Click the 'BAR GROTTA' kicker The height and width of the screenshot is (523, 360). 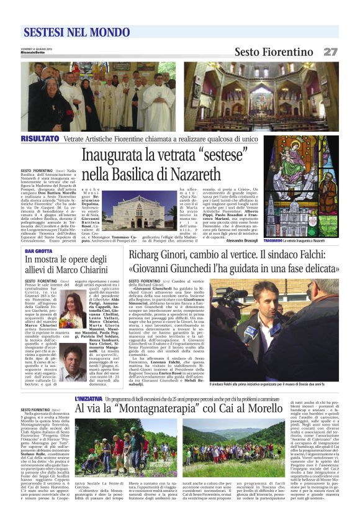point(38,252)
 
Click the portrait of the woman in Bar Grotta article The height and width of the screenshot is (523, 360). point(71,311)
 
